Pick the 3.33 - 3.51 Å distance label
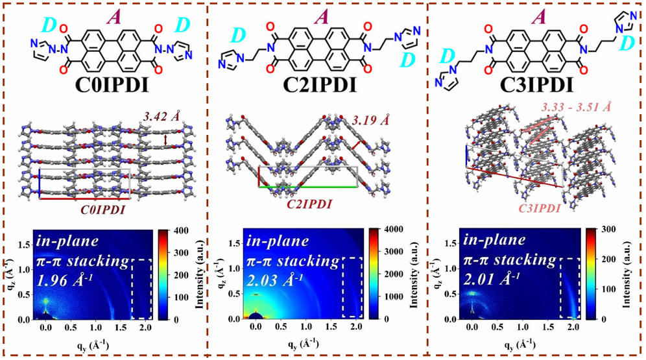(577, 106)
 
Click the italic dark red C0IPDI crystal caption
(103, 210)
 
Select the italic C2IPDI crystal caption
(309, 204)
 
